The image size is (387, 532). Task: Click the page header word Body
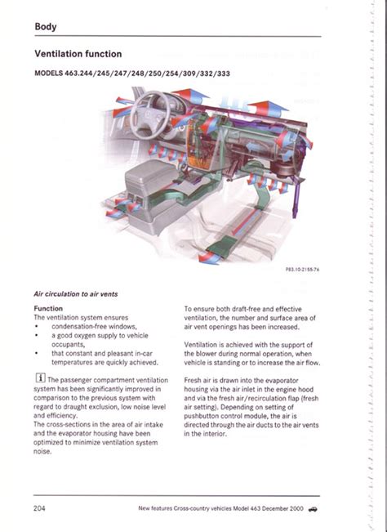(46, 27)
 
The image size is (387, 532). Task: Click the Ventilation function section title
(78, 54)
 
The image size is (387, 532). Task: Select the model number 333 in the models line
(224, 74)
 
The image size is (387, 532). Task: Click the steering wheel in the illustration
(150, 114)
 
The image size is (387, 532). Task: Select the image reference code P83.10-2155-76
(302, 270)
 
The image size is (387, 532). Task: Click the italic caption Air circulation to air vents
(76, 294)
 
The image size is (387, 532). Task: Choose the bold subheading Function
(48, 308)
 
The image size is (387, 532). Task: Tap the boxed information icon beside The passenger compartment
(40, 378)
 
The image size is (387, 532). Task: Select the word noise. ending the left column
(42, 452)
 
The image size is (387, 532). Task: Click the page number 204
(39, 508)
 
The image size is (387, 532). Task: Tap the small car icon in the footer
(314, 509)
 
